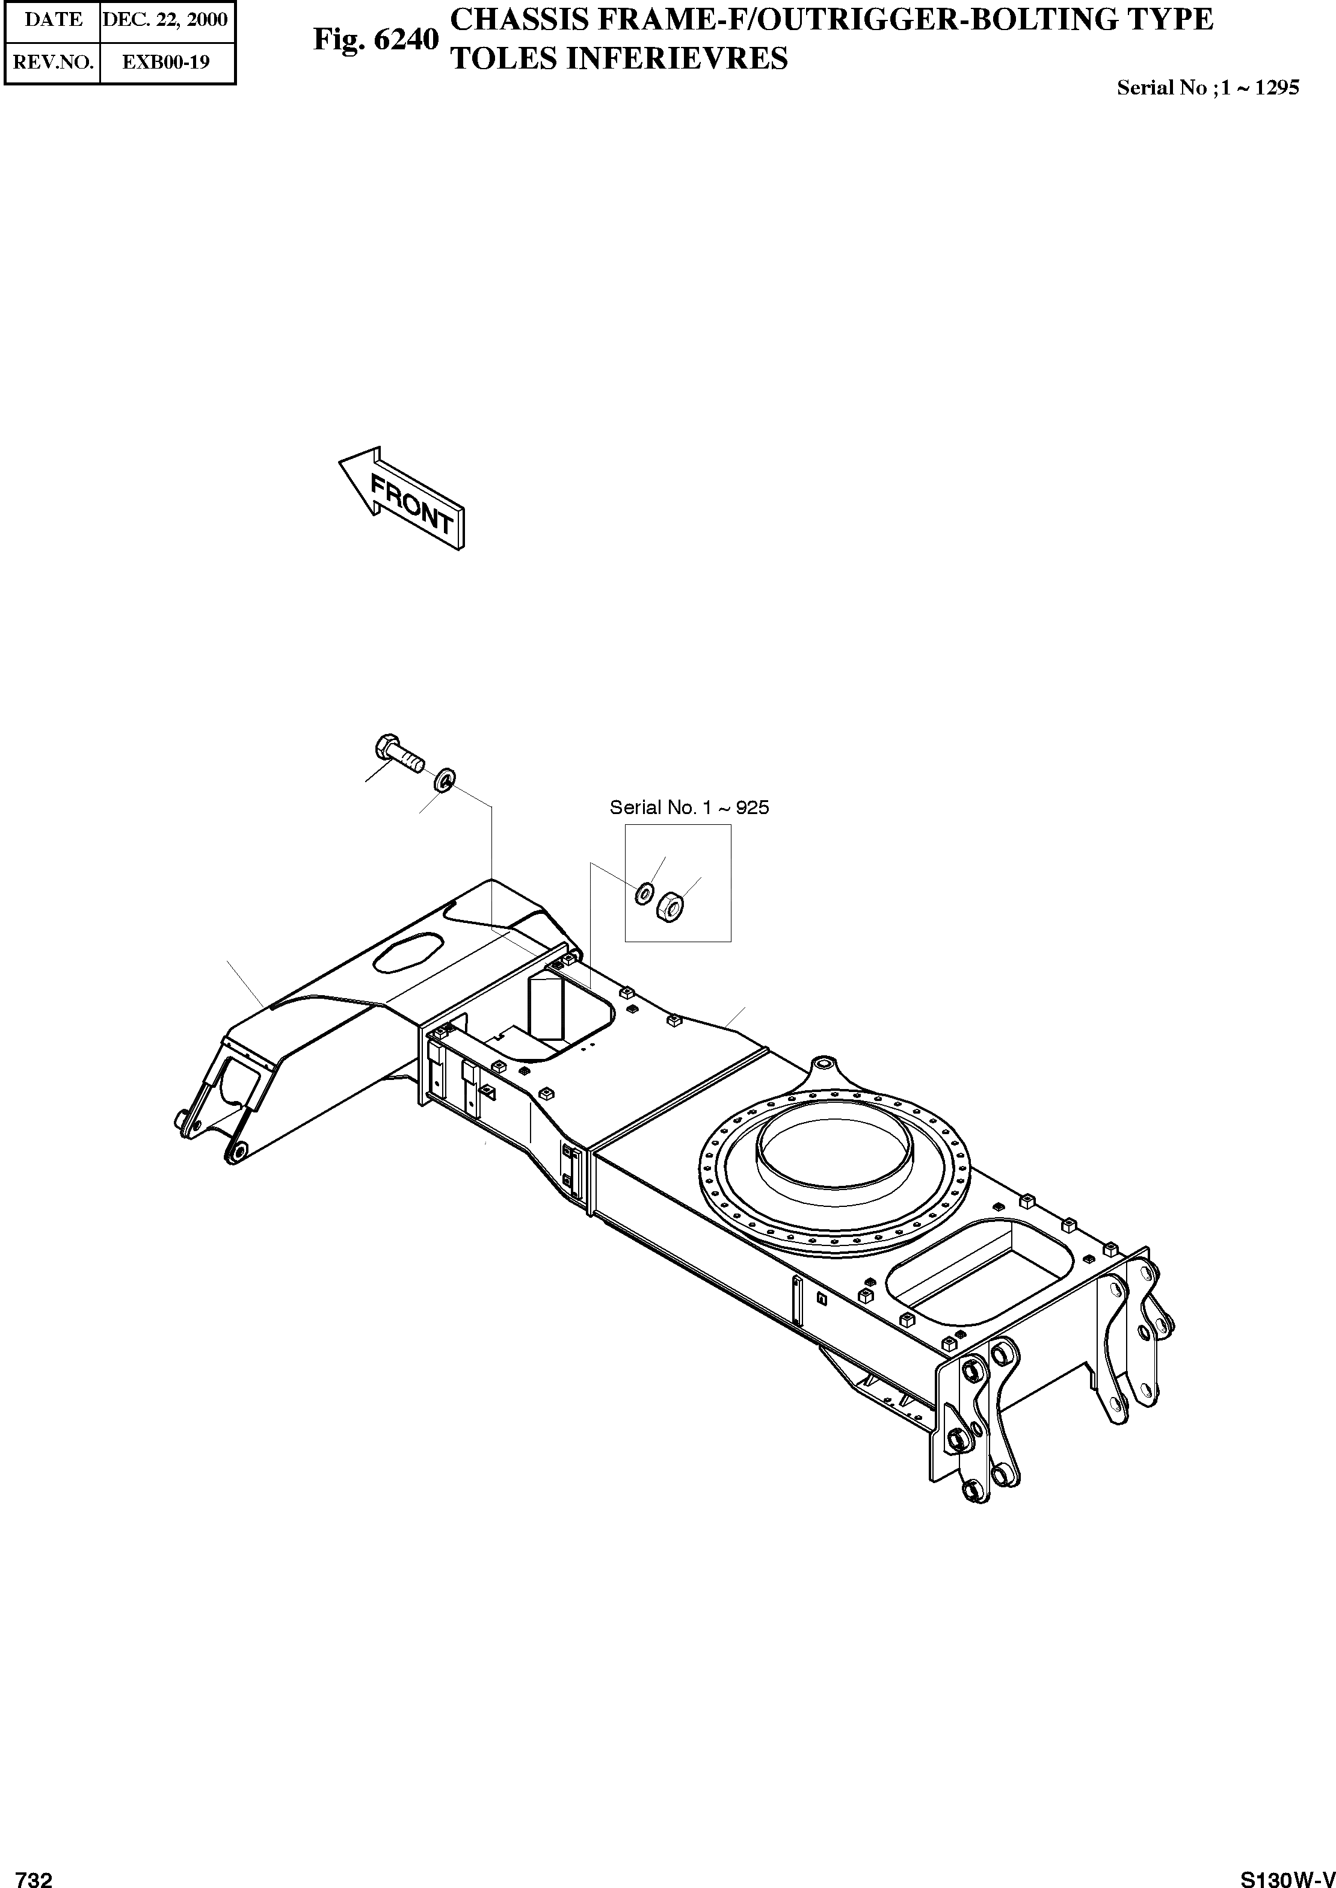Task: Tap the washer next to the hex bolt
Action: click(445, 778)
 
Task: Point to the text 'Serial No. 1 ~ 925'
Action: click(689, 808)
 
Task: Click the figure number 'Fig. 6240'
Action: click(376, 40)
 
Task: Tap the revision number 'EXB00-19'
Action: click(165, 62)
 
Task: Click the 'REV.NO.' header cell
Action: click(54, 62)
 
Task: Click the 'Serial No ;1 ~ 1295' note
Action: click(1207, 88)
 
